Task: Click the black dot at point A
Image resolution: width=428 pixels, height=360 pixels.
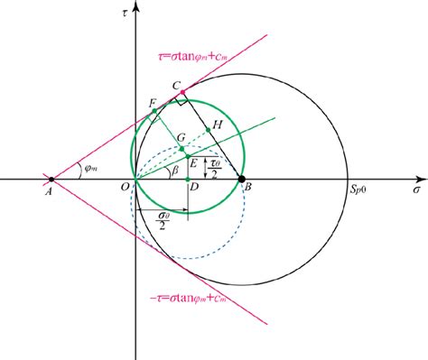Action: pos(51,180)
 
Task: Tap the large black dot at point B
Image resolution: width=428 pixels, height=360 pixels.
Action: pos(241,180)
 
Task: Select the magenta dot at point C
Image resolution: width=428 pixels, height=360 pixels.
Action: pos(183,92)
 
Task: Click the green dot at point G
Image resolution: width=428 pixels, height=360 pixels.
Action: pos(183,148)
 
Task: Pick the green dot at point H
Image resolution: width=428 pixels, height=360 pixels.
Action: pos(209,130)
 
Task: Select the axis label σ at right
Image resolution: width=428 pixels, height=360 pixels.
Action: pos(416,191)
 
